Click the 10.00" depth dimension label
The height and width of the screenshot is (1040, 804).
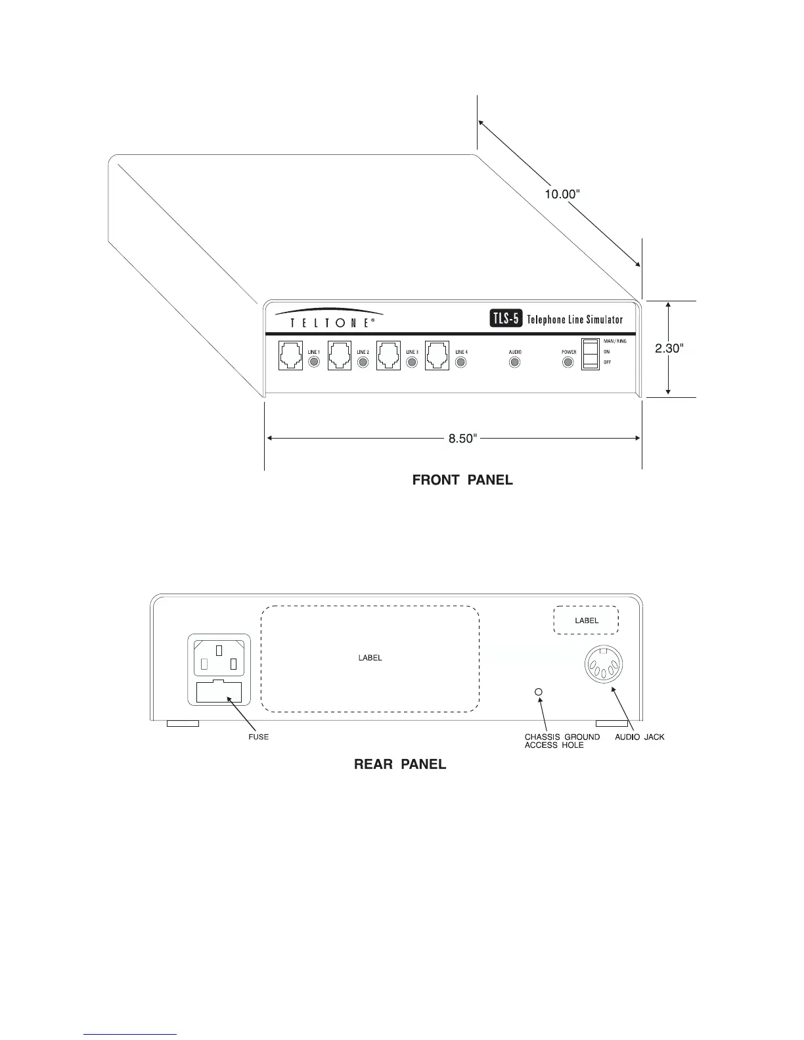[x=562, y=194]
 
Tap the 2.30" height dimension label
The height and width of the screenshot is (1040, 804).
[x=669, y=349]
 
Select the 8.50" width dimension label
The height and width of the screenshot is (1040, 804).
[x=462, y=439]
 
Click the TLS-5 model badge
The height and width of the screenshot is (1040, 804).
[x=506, y=319]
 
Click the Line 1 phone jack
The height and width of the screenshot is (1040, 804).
[x=290, y=355]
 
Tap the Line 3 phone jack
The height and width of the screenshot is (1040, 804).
[x=388, y=355]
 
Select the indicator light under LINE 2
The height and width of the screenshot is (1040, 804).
[x=363, y=362]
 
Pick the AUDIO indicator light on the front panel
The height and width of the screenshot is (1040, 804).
[x=515, y=362]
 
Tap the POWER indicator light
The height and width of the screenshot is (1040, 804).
[x=568, y=362]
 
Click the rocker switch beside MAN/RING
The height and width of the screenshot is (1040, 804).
[x=591, y=354]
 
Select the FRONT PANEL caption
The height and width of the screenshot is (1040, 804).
[x=462, y=480]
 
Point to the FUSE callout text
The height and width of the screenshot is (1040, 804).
[x=258, y=737]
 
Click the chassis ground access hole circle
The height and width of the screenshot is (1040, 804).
[x=539, y=692]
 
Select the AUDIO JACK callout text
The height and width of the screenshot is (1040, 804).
[x=639, y=737]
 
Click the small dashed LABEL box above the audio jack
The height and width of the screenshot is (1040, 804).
[x=587, y=620]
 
